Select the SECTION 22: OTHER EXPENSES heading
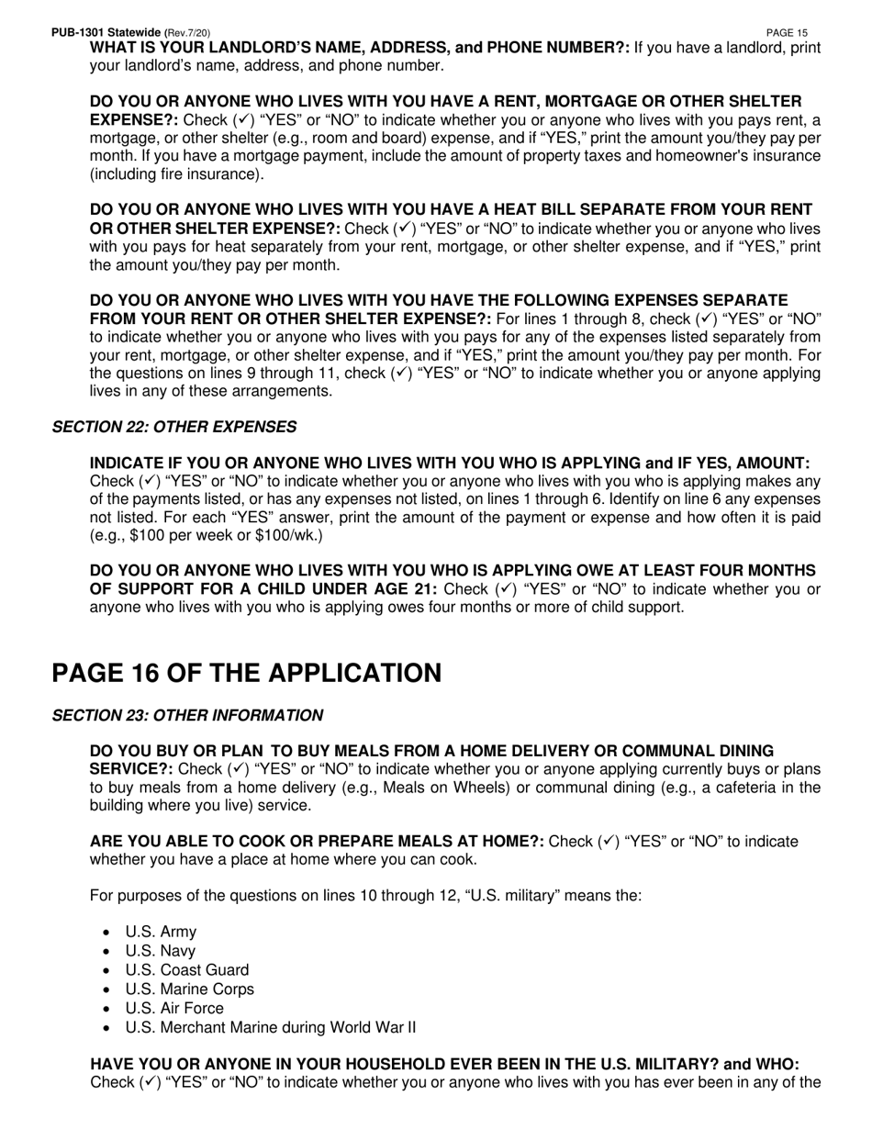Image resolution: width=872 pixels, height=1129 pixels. (x=174, y=427)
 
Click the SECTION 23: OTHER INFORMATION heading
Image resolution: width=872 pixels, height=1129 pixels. (x=187, y=715)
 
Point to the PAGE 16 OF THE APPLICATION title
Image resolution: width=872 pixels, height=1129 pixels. (x=247, y=673)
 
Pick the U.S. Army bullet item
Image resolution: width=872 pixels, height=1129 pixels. (x=161, y=932)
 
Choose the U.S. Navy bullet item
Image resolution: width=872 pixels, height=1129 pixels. (x=160, y=951)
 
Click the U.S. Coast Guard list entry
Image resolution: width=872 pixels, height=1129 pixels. (x=186, y=970)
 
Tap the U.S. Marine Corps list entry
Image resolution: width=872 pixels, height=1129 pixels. (x=189, y=989)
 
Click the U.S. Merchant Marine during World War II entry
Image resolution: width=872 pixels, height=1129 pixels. (x=270, y=1027)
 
